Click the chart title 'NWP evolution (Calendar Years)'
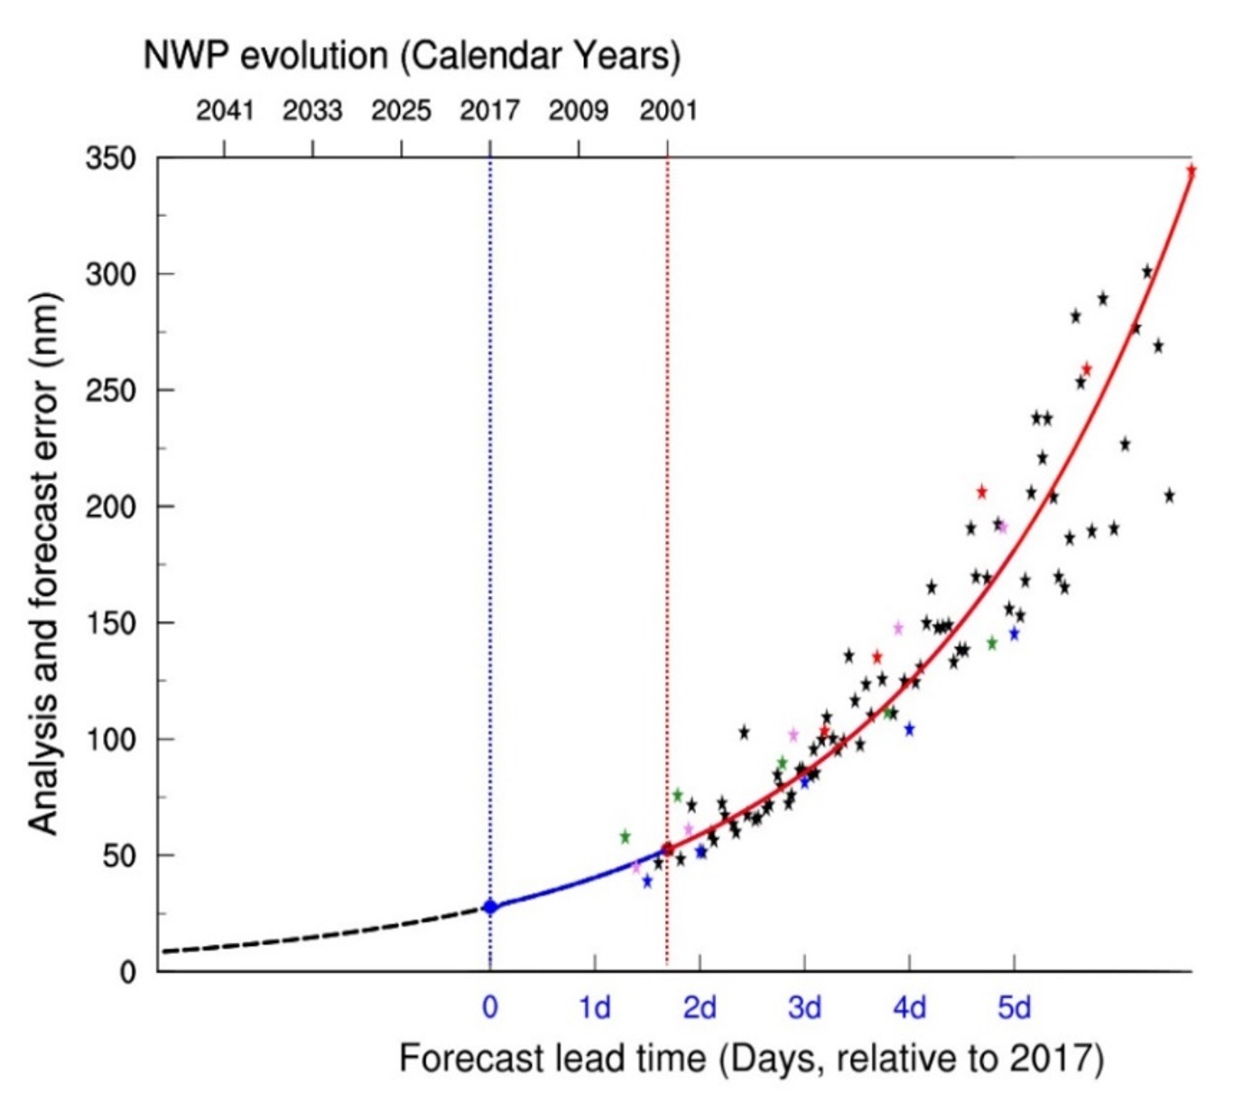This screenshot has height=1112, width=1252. (x=412, y=56)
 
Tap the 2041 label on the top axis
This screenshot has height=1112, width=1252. (x=225, y=111)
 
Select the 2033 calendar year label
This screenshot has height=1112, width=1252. (x=312, y=111)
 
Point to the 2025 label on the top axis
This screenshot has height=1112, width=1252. (x=401, y=111)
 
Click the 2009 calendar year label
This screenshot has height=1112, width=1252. (x=579, y=111)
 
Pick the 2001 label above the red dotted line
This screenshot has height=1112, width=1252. (x=668, y=111)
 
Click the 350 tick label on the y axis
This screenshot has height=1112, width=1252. (x=110, y=159)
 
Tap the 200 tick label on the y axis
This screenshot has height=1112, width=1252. (x=110, y=507)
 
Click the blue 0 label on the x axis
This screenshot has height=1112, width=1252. (x=489, y=1006)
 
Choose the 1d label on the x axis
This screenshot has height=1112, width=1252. (x=594, y=1006)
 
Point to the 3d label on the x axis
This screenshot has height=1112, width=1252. (x=804, y=1006)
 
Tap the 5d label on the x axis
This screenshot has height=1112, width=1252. (x=1014, y=1006)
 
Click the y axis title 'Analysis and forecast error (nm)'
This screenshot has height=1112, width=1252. (x=42, y=564)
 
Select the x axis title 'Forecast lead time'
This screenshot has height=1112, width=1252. (x=751, y=1058)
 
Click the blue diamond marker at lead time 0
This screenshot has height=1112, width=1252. (x=490, y=907)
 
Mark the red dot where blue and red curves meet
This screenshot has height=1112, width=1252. (x=668, y=849)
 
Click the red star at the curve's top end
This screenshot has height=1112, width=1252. (x=1191, y=170)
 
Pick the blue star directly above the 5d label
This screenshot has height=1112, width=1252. (x=1014, y=634)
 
